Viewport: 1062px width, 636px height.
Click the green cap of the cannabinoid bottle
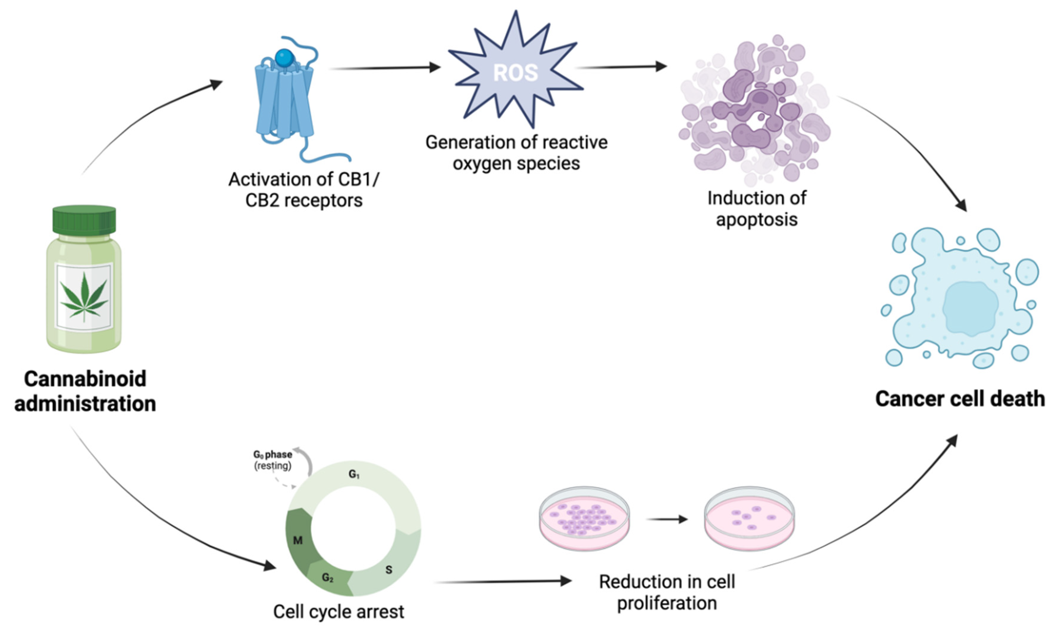pyautogui.click(x=84, y=220)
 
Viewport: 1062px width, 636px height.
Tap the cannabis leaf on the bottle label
pyautogui.click(x=84, y=297)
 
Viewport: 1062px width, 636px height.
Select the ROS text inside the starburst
pyautogui.click(x=515, y=73)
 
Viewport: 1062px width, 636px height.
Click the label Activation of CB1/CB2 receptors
pyautogui.click(x=304, y=190)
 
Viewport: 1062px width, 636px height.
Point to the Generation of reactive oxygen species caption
pyautogui.click(x=516, y=153)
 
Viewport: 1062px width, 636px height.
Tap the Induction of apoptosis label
pyautogui.click(x=756, y=209)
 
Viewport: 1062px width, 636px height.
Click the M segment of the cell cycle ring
pyautogui.click(x=298, y=540)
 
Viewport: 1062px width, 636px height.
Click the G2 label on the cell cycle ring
pyautogui.click(x=327, y=578)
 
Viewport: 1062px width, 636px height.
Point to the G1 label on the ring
pyautogui.click(x=354, y=474)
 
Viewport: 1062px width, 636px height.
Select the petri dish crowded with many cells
pyautogui.click(x=584, y=519)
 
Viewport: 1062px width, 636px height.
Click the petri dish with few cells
pyautogui.click(x=749, y=519)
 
